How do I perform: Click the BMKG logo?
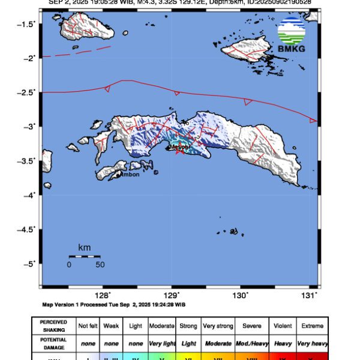coord(292,35)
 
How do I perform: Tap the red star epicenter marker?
coord(178,151)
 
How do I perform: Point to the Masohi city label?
coord(179,146)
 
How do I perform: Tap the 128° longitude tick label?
coord(103,295)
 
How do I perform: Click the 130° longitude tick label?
coord(240,295)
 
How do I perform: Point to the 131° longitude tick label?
coord(309,295)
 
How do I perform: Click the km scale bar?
coord(84,257)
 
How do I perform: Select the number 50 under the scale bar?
coord(100,265)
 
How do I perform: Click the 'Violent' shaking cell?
coord(281,325)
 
